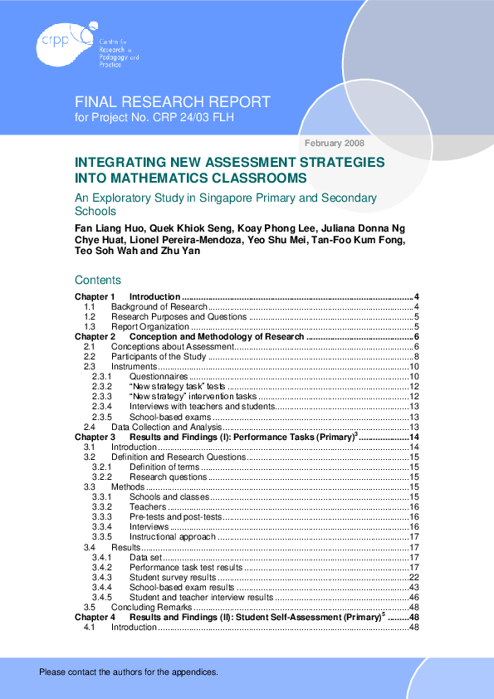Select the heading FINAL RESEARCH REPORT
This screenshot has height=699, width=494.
click(x=173, y=102)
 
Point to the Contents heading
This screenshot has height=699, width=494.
click(x=98, y=280)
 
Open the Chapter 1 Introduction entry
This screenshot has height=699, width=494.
click(x=154, y=296)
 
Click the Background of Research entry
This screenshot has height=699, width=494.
click(x=159, y=306)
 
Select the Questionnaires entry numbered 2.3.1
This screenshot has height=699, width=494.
click(x=159, y=376)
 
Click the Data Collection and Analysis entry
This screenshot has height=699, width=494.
click(x=167, y=427)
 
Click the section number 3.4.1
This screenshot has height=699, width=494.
click(x=101, y=557)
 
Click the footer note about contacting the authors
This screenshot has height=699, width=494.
click(x=129, y=672)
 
